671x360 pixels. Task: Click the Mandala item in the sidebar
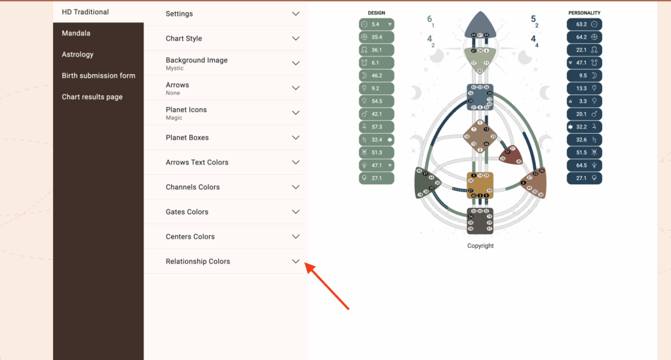(76, 33)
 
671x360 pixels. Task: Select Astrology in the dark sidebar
(77, 54)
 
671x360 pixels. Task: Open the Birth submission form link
(98, 75)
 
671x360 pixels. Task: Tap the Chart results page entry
(92, 97)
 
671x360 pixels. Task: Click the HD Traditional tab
(85, 12)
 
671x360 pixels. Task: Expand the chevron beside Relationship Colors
(296, 261)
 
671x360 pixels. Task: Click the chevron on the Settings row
(296, 14)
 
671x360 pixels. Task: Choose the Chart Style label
(183, 39)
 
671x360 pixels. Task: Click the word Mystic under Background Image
(174, 68)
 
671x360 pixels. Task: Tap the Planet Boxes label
(187, 138)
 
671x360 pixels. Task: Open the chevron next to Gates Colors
(296, 212)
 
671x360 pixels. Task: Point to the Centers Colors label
(190, 237)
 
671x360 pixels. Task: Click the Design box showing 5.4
(377, 24)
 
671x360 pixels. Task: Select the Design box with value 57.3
(377, 127)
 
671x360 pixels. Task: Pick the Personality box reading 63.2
(584, 24)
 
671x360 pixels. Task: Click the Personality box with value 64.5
(584, 165)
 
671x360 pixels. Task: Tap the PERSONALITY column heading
(584, 12)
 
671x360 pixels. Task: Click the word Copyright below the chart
(480, 246)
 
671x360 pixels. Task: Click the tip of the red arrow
(307, 266)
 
